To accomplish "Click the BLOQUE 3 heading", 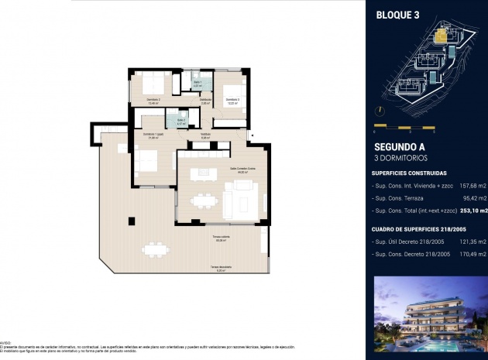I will [397, 14].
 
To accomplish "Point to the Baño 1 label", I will [198, 83].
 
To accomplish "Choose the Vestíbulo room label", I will [205, 135].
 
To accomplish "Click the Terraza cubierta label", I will [221, 238].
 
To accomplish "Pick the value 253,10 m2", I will [472, 210].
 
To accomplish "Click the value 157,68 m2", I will [472, 185].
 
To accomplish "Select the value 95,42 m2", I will [473, 197].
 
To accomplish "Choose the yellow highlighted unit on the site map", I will [442, 34].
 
